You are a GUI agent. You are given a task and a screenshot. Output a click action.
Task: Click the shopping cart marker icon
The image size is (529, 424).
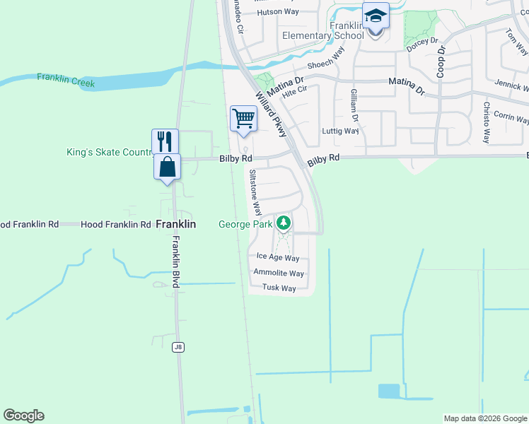point(243,118)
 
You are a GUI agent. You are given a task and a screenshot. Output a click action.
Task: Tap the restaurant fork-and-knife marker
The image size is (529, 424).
point(165,141)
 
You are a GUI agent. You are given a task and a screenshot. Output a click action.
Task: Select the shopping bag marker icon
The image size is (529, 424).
point(167,167)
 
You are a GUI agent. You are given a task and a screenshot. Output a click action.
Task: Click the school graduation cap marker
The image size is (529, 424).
point(376,15)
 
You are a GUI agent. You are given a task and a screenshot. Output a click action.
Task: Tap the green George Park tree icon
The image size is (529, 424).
point(284,223)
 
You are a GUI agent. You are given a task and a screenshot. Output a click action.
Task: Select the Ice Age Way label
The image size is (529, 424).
point(278,259)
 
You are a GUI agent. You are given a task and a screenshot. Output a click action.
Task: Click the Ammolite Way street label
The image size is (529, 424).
point(279,273)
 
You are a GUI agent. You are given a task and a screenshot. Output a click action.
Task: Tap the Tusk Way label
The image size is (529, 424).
point(279,288)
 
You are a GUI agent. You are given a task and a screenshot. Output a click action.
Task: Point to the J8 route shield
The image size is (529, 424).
point(178,346)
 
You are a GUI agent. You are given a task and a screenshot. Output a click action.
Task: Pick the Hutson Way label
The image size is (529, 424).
point(278,12)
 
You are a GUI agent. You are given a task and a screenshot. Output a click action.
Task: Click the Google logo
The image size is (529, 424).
point(23,416)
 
